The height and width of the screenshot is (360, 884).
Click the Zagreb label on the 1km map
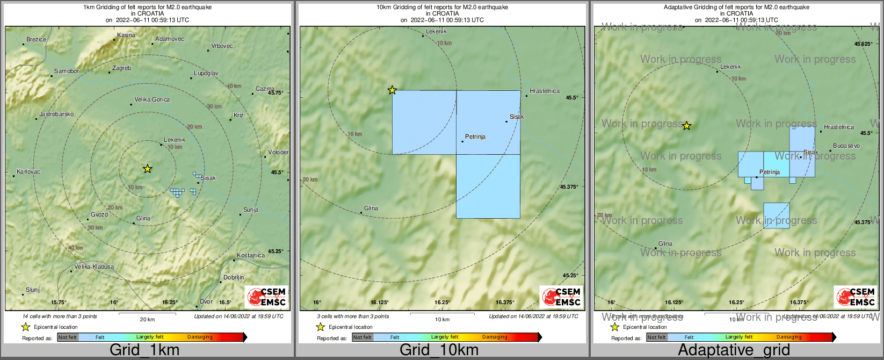coord(121,68)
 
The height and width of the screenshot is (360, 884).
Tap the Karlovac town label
coord(28,171)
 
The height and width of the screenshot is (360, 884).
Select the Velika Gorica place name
coord(151,99)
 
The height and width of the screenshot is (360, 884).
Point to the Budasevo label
coord(846,146)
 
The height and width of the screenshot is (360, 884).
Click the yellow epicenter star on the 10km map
coord(392,90)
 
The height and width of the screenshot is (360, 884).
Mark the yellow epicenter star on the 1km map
coord(148,169)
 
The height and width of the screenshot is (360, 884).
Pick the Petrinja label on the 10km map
coord(475,136)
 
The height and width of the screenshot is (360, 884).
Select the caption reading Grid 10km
coord(439,350)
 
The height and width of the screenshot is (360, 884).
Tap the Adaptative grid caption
coord(734,350)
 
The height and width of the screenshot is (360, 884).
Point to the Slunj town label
coord(33,290)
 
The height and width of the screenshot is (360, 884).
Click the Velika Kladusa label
coord(94,267)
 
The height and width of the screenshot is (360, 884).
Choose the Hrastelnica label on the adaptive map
coord(838,127)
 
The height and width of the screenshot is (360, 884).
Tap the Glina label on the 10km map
coord(371,208)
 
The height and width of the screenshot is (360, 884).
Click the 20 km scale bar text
coord(147,319)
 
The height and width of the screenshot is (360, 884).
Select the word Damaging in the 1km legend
coord(200,337)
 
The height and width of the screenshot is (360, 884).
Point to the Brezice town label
coord(37,39)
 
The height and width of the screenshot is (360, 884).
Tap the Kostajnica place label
coord(251,255)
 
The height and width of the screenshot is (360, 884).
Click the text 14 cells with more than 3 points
coord(60,316)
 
